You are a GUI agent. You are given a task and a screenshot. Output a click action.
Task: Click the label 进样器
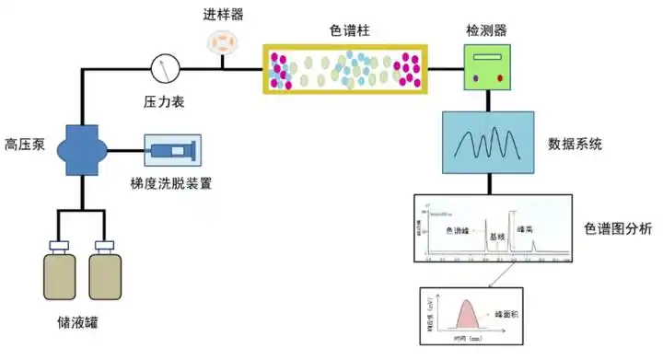224,15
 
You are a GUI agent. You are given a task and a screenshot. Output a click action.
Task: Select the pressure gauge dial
165,66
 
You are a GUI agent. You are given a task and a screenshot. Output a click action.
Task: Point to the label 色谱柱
348,29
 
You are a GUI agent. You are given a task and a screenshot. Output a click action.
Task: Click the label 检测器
486,29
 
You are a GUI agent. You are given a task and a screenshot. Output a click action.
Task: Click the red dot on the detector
501,79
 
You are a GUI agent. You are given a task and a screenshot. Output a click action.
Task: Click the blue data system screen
488,143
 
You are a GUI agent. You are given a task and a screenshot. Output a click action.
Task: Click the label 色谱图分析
618,227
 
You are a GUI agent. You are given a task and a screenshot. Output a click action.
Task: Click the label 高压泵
25,144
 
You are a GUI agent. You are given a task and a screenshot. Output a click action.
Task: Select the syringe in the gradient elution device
173,150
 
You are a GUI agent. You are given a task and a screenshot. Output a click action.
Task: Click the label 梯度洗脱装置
172,183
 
